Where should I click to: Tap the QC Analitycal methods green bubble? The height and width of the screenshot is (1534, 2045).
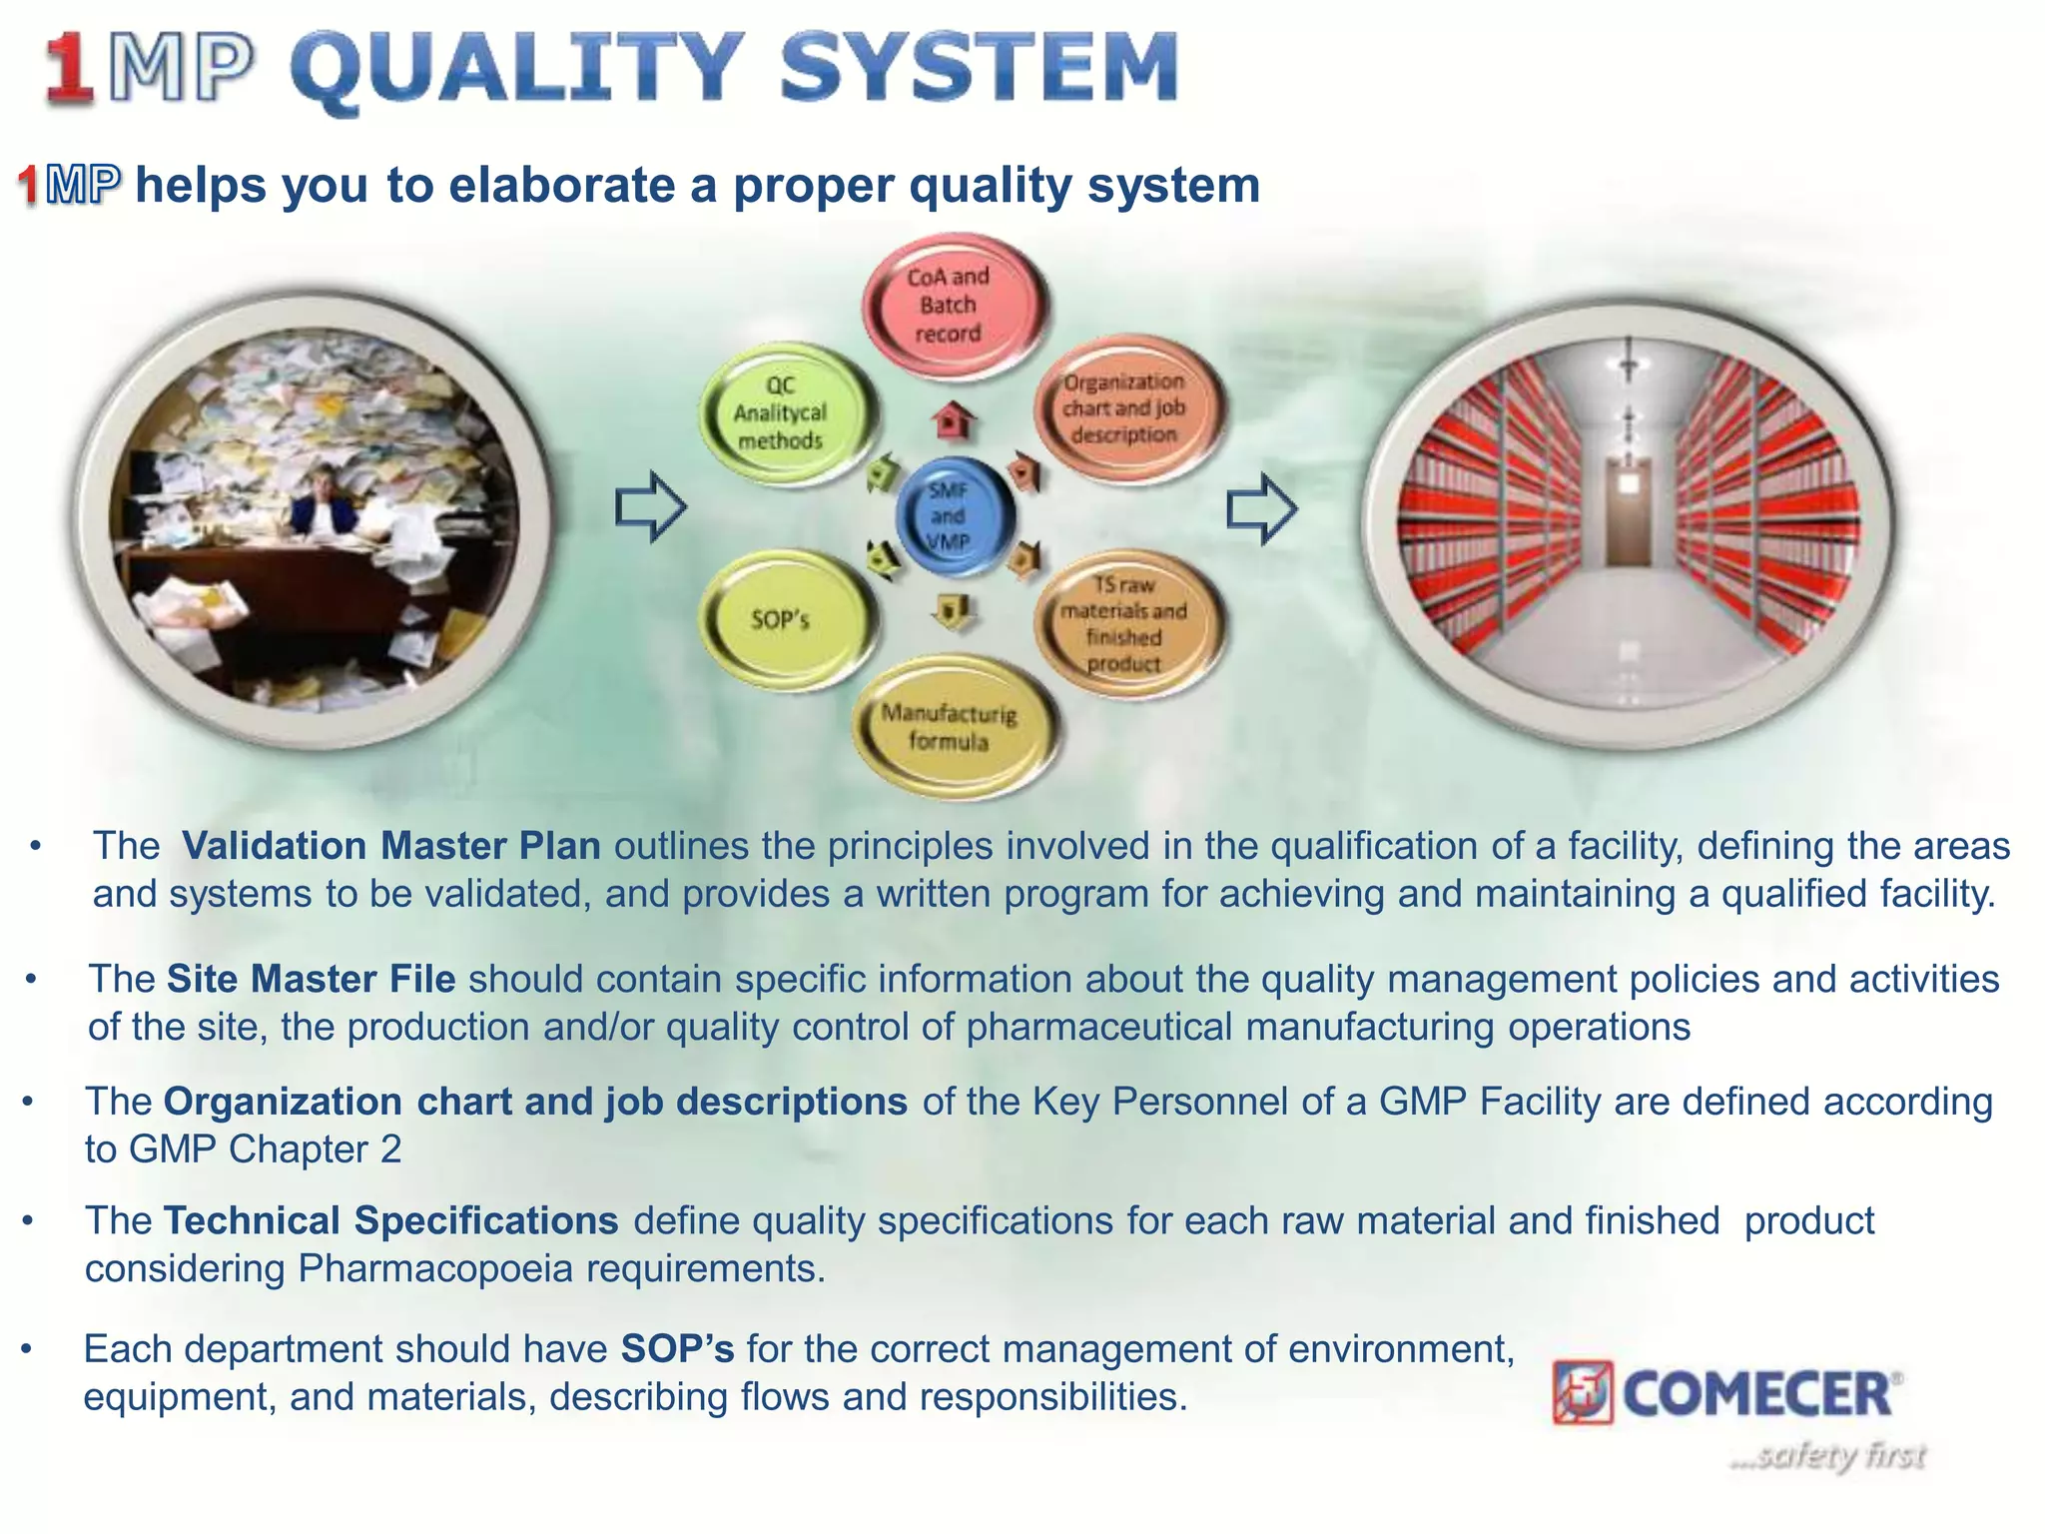tap(783, 413)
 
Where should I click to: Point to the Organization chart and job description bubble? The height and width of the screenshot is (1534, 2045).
tap(1124, 407)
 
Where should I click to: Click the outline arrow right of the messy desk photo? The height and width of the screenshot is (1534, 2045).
tap(649, 506)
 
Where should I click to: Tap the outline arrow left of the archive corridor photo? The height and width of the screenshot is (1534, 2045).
tap(1261, 508)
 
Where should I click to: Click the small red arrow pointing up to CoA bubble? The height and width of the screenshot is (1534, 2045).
tap(953, 420)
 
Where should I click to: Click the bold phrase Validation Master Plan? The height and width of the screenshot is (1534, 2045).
tap(391, 846)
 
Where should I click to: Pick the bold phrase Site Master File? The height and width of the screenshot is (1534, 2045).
tap(311, 979)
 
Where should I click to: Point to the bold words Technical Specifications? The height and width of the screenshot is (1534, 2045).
tap(391, 1220)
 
